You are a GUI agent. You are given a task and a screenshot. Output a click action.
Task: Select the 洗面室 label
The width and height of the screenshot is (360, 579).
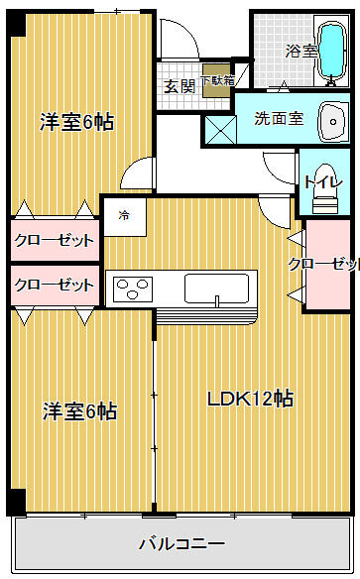(x=278, y=118)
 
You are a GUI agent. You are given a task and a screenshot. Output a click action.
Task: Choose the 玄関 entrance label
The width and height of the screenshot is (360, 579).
(x=180, y=85)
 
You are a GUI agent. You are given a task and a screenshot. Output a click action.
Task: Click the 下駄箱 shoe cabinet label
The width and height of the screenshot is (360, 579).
(x=216, y=81)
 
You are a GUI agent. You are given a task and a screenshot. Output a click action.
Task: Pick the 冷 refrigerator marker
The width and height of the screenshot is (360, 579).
(x=124, y=214)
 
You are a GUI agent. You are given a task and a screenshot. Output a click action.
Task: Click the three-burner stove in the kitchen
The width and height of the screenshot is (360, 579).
(x=131, y=289)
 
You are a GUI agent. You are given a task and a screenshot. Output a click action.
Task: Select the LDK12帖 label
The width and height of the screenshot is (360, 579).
(x=249, y=399)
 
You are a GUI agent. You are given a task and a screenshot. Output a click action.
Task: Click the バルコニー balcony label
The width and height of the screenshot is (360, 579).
(x=180, y=544)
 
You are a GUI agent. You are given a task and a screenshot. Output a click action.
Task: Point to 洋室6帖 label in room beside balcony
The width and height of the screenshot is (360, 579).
(x=78, y=410)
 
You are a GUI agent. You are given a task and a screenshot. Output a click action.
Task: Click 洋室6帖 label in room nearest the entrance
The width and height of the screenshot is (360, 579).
(x=76, y=122)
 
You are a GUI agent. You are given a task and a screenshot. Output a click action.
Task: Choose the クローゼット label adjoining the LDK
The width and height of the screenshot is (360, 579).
(x=323, y=264)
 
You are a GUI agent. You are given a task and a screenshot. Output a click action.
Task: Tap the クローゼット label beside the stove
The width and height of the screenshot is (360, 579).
(x=54, y=286)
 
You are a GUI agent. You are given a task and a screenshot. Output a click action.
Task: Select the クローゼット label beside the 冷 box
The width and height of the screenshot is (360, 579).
(x=54, y=240)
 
